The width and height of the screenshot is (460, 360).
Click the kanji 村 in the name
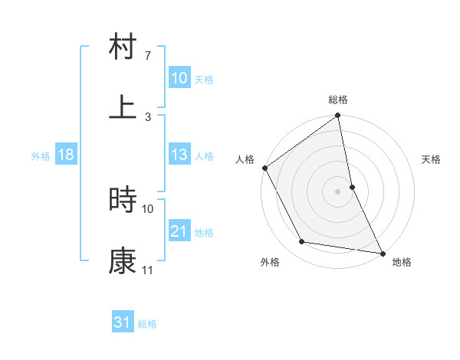pyautogui.click(x=123, y=48)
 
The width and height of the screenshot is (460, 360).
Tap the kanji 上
pyautogui.click(x=123, y=107)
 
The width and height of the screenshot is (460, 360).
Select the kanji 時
pyautogui.click(x=123, y=200)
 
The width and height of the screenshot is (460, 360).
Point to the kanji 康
pyautogui.click(x=123, y=261)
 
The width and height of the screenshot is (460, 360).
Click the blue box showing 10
pyautogui.click(x=179, y=78)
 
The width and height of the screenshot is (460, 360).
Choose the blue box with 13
pyautogui.click(x=179, y=155)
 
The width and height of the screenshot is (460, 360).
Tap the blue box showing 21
pyautogui.click(x=179, y=231)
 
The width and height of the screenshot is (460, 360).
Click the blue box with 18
pyautogui.click(x=66, y=155)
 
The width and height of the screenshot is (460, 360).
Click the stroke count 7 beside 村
pyautogui.click(x=147, y=56)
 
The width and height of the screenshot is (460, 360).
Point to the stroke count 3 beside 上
pyautogui.click(x=147, y=116)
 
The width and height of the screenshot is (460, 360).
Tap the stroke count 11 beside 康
pyautogui.click(x=148, y=270)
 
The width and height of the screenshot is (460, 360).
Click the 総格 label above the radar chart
pyautogui.click(x=338, y=100)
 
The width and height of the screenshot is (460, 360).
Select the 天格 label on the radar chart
pyautogui.click(x=432, y=159)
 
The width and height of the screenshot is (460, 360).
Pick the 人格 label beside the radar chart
pyautogui.click(x=245, y=159)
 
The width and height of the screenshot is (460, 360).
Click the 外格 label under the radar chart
pyautogui.click(x=270, y=262)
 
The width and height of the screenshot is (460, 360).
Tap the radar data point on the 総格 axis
pyautogui.click(x=338, y=117)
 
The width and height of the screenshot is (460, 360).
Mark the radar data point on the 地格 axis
pyautogui.click(x=382, y=252)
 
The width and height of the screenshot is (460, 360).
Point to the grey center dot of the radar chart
pyautogui.click(x=338, y=191)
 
